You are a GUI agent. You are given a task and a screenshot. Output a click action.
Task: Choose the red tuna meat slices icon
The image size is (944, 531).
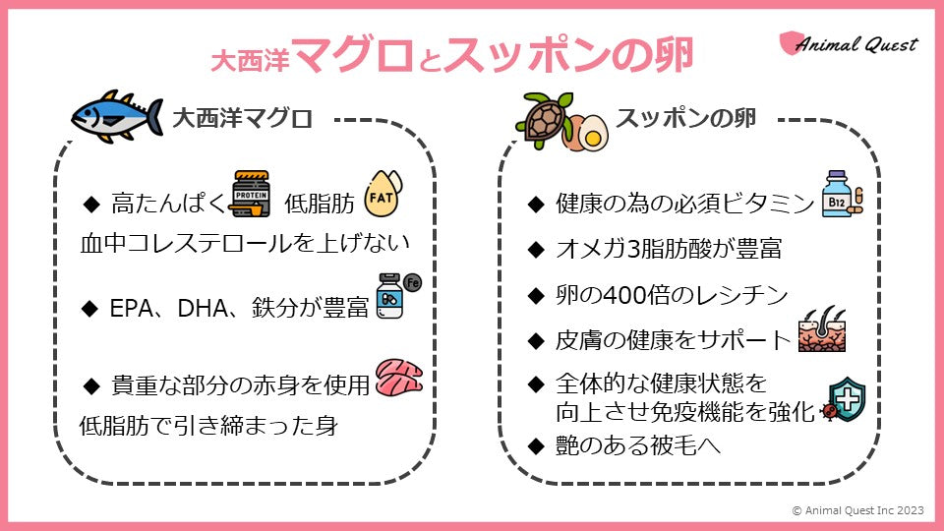coord(398,378)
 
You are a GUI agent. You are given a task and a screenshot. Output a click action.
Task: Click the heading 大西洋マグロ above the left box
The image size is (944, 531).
coord(242,120)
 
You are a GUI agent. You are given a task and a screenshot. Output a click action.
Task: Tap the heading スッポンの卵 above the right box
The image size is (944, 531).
coord(684,118)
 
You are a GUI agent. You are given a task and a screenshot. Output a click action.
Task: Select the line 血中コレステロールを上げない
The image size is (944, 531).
coord(243,244)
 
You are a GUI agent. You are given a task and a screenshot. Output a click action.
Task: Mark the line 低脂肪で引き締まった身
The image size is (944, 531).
coord(207,426)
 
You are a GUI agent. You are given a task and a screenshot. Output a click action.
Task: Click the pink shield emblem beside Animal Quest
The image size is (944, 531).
coord(789,43)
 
